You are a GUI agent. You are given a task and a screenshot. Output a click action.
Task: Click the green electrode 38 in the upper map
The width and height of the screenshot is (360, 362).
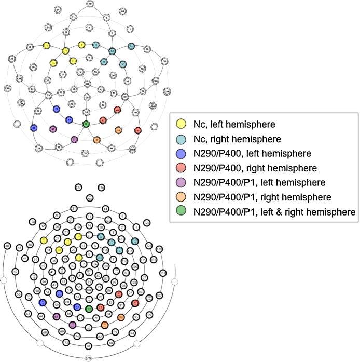point(86,124)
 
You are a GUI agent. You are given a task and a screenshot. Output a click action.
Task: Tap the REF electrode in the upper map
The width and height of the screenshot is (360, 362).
point(87,83)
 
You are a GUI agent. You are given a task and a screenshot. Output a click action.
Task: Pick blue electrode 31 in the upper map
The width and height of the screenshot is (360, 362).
point(34,128)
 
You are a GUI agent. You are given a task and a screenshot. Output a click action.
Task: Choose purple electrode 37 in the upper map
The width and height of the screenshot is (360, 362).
point(74,139)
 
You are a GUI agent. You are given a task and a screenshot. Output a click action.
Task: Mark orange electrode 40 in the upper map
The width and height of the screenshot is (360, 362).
point(96,139)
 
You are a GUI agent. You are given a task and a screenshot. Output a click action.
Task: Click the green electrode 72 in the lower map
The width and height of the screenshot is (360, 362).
point(89,309)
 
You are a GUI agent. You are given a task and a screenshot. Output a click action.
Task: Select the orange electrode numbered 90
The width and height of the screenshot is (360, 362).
point(121,317)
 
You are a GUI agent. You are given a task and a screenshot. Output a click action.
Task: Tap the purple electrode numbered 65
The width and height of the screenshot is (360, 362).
point(57,316)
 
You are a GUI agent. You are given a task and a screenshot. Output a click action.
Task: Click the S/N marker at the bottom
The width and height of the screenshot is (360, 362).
point(89,358)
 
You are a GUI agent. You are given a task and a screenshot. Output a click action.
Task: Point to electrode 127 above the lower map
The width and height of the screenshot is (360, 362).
point(78,187)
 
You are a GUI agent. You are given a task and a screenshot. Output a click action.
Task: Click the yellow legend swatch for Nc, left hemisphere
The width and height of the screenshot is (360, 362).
point(181,124)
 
